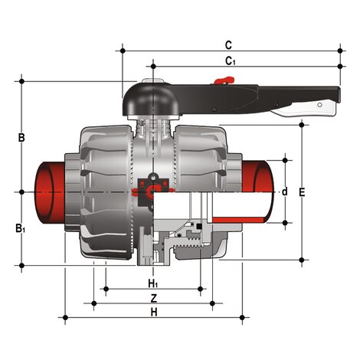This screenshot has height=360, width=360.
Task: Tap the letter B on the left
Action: tap(22, 138)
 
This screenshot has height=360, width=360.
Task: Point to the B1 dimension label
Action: tap(22, 227)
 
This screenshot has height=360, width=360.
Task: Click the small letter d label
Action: tap(284, 191)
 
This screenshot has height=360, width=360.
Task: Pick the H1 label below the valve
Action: tap(153, 283)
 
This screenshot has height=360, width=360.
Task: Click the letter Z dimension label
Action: tap(153, 297)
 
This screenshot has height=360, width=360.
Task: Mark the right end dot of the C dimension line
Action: tap(341, 51)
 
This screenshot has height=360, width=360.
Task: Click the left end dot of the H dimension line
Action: tap(66, 317)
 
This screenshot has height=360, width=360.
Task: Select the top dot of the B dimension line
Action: tap(22, 80)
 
